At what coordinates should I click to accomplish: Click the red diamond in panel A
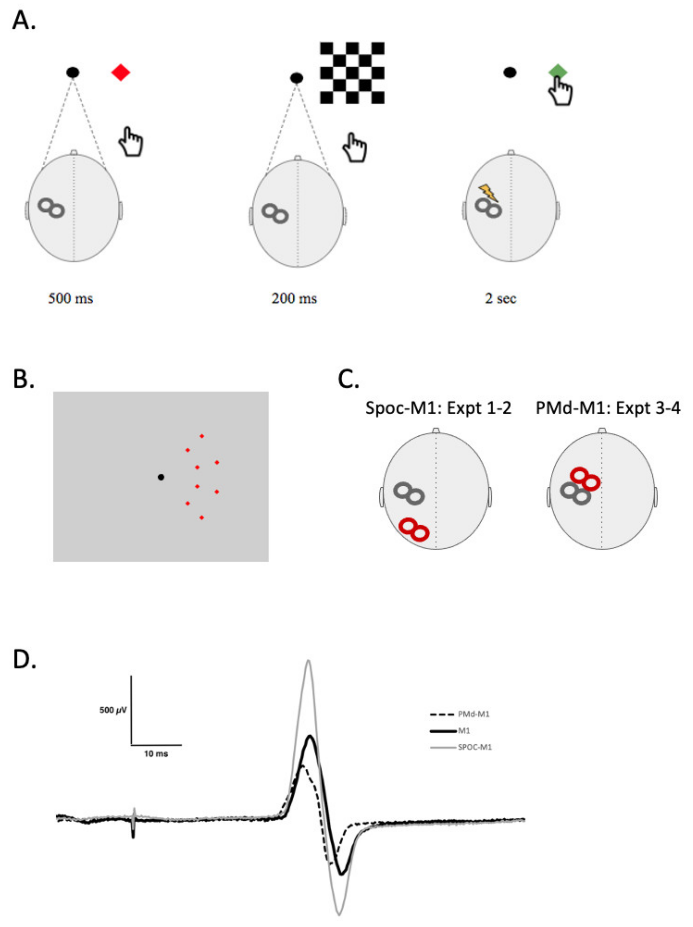coord(121,72)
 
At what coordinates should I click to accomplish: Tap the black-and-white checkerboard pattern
coord(352,73)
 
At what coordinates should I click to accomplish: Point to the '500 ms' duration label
coord(70,298)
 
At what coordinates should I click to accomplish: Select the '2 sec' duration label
coord(500,298)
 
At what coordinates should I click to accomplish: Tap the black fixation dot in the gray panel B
coord(161,477)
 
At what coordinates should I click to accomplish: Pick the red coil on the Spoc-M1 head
coord(414,529)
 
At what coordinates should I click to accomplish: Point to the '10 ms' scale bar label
coord(156,754)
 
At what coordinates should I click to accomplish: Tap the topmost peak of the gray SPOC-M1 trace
coord(308,661)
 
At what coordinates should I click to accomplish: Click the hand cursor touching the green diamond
coord(561,91)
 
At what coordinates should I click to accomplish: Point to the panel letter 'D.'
coord(24,659)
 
